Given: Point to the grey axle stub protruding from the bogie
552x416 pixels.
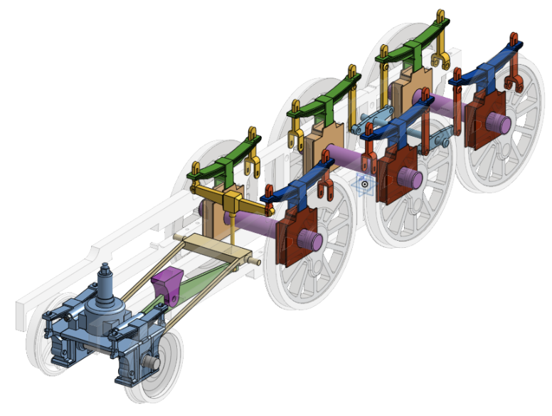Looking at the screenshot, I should pyautogui.click(x=149, y=363).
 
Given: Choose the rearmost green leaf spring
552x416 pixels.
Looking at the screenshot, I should pyautogui.click(x=413, y=42).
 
